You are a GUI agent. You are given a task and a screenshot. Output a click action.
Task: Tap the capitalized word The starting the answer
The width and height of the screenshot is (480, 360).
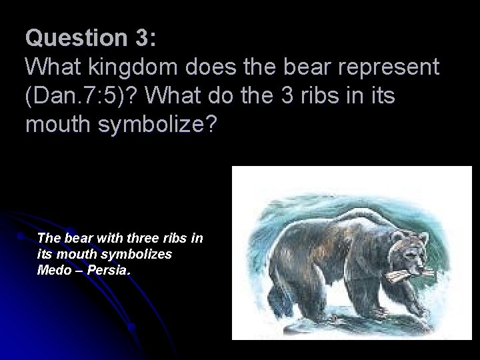click(x=48, y=237)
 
